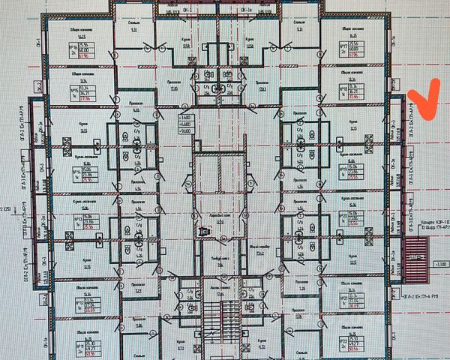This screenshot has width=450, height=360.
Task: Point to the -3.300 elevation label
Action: [440, 265]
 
